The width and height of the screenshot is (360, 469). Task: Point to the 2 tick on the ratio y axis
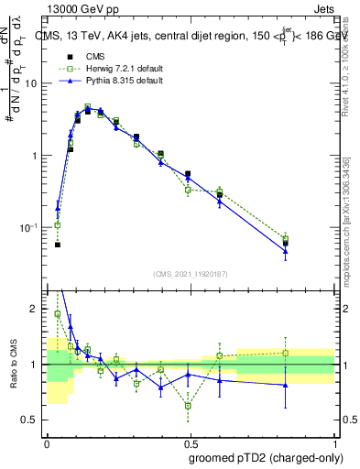(36, 310)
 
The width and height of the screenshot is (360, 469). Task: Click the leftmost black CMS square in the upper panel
(57, 245)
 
